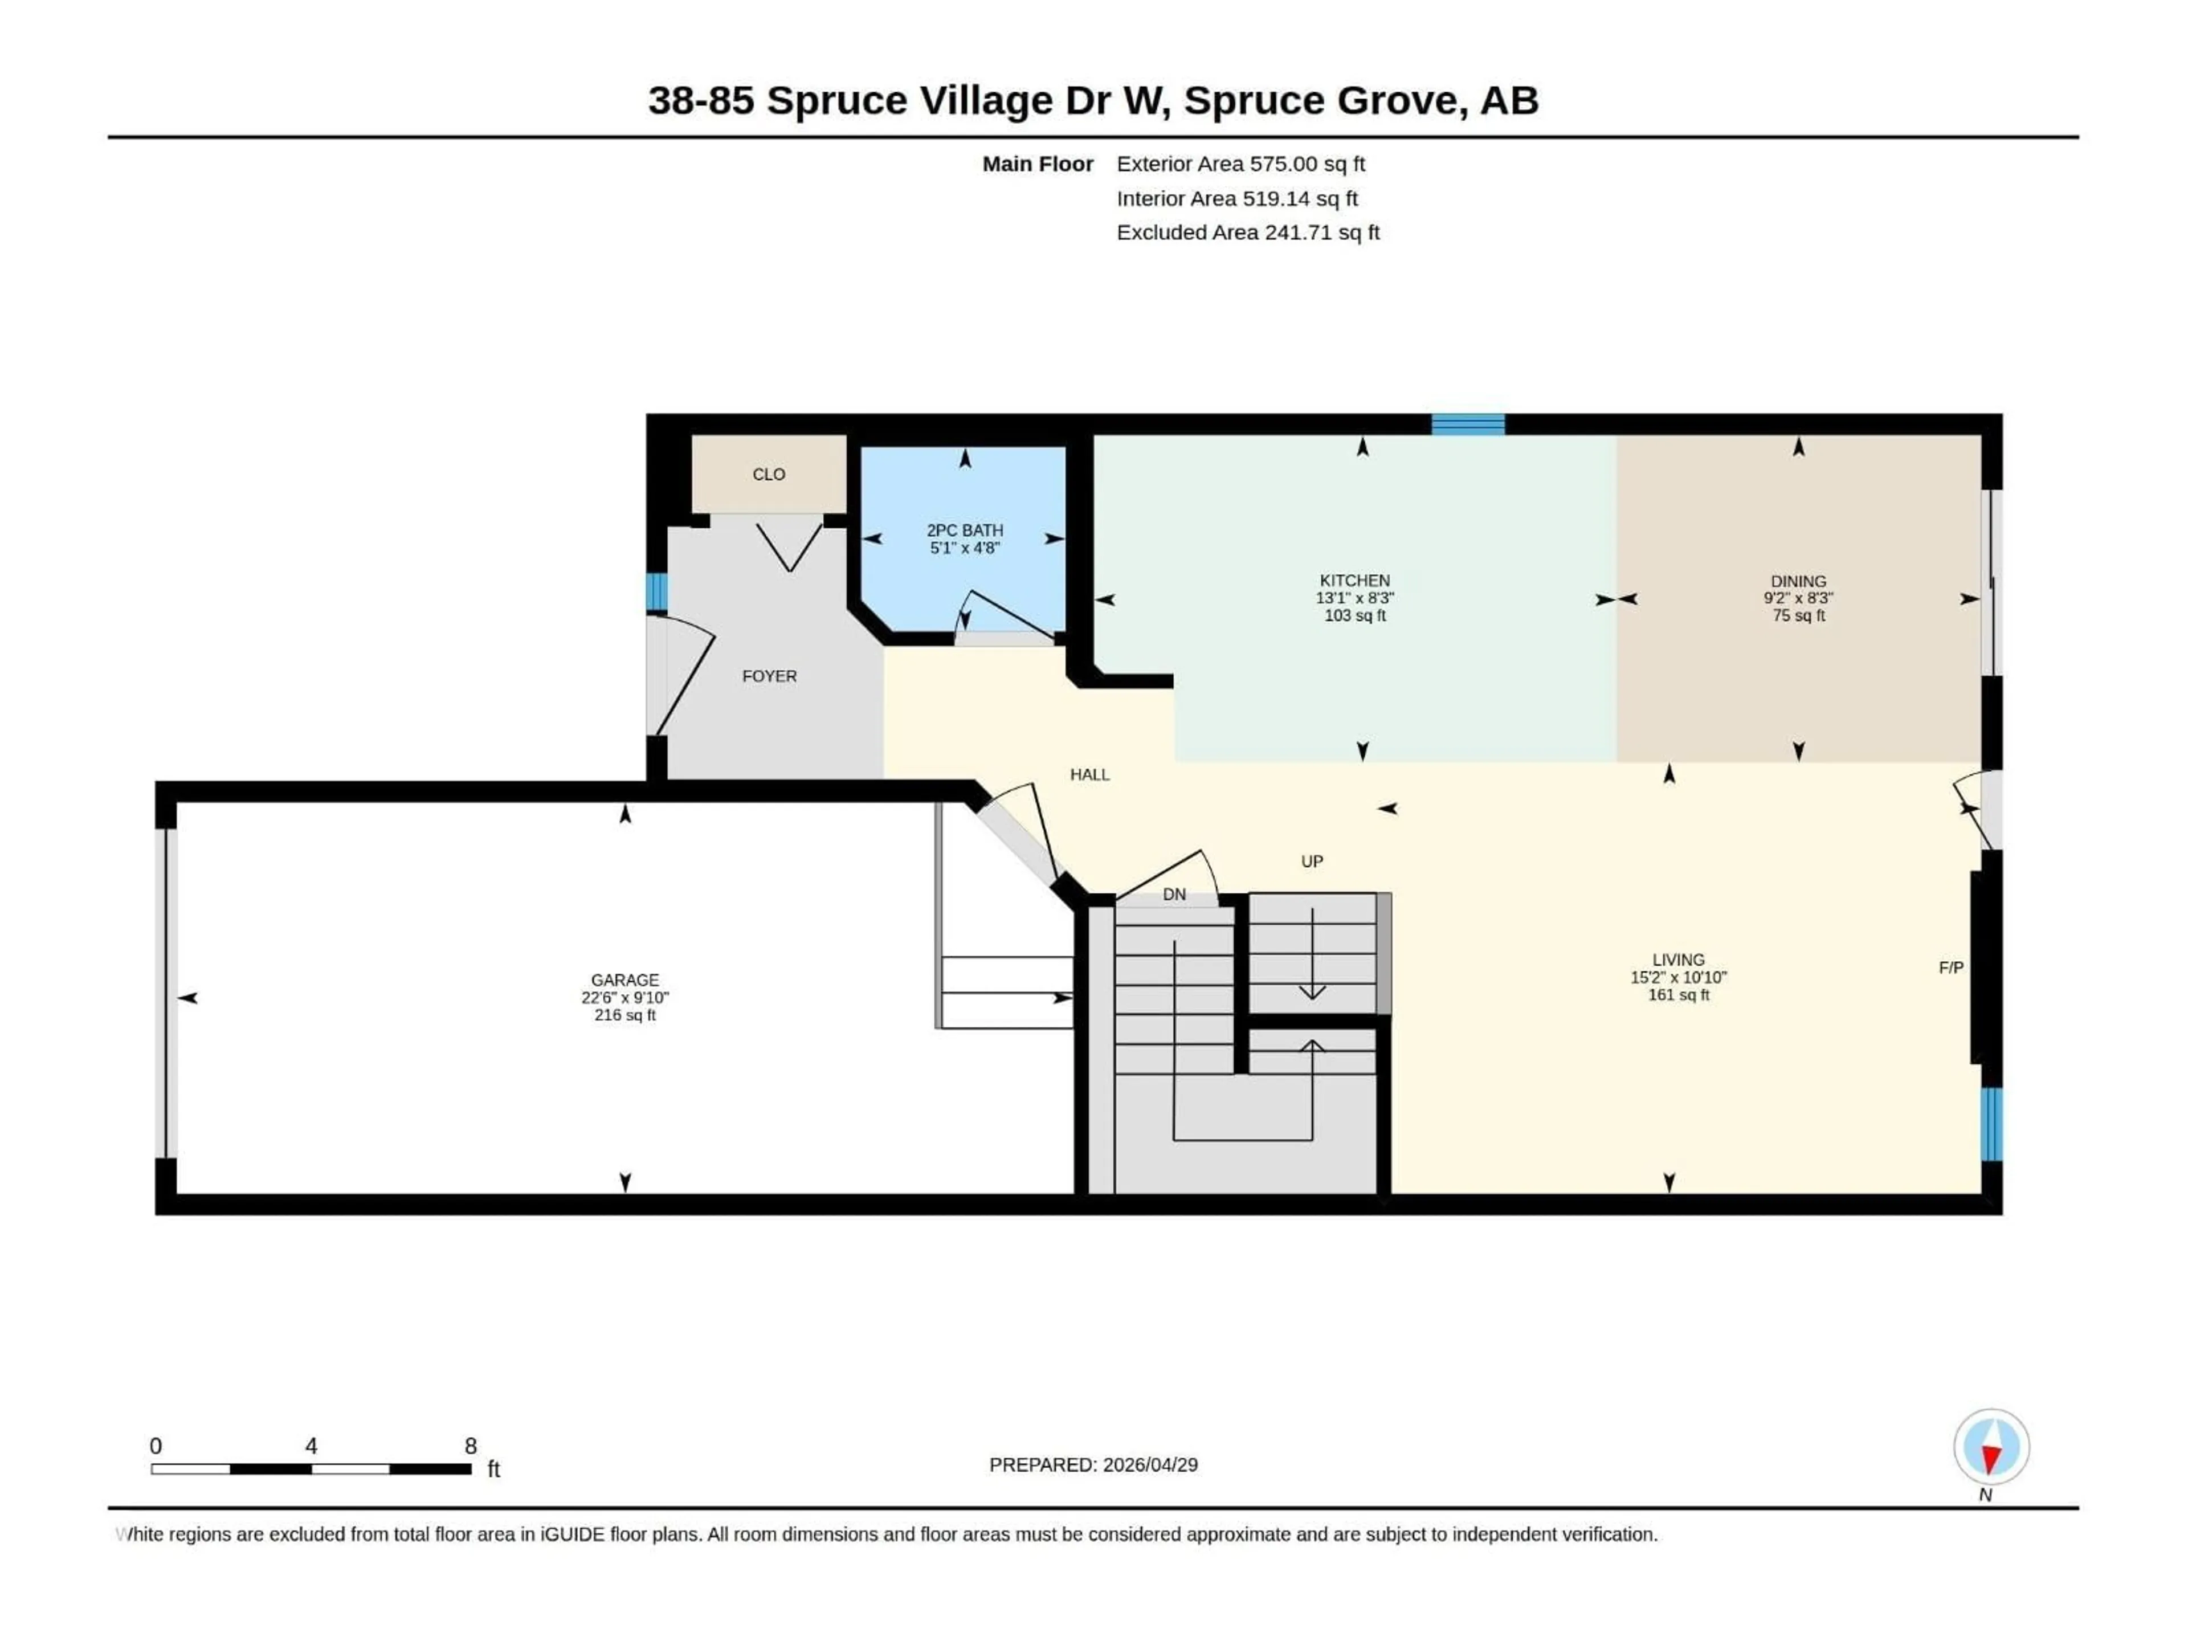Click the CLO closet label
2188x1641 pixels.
tap(769, 475)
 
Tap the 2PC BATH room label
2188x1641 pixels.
tap(965, 530)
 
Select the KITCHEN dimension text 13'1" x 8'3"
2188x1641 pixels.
tap(1354, 598)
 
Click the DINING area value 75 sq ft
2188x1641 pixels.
tap(1798, 615)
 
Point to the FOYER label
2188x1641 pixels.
tap(769, 676)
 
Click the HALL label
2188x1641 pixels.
tap(1089, 774)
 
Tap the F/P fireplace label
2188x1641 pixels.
tap(1950, 968)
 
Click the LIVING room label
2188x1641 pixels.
tap(1677, 960)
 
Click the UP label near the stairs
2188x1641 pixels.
tap(1312, 862)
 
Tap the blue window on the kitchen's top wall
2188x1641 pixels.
tap(1468, 424)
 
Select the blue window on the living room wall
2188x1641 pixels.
tap(1991, 1124)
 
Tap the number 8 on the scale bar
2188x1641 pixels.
tap(471, 1446)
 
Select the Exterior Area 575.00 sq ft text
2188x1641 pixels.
tap(1240, 164)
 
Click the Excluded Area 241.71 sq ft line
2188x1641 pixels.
tap(1247, 232)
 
